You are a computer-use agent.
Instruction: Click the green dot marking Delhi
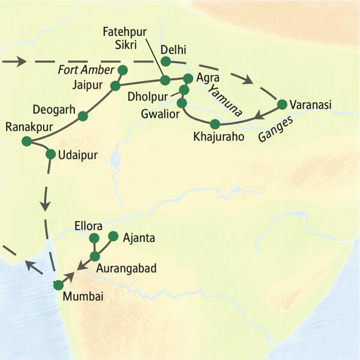coord(165,61)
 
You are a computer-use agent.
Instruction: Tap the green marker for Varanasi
coord(281,104)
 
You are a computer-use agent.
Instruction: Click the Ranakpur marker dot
coord(26,141)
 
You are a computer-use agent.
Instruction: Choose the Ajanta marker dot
coord(112,237)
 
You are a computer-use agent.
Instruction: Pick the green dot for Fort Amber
coord(123,71)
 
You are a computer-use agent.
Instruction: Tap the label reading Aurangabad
coord(128,268)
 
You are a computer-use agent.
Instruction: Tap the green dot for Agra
coord(187,78)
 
